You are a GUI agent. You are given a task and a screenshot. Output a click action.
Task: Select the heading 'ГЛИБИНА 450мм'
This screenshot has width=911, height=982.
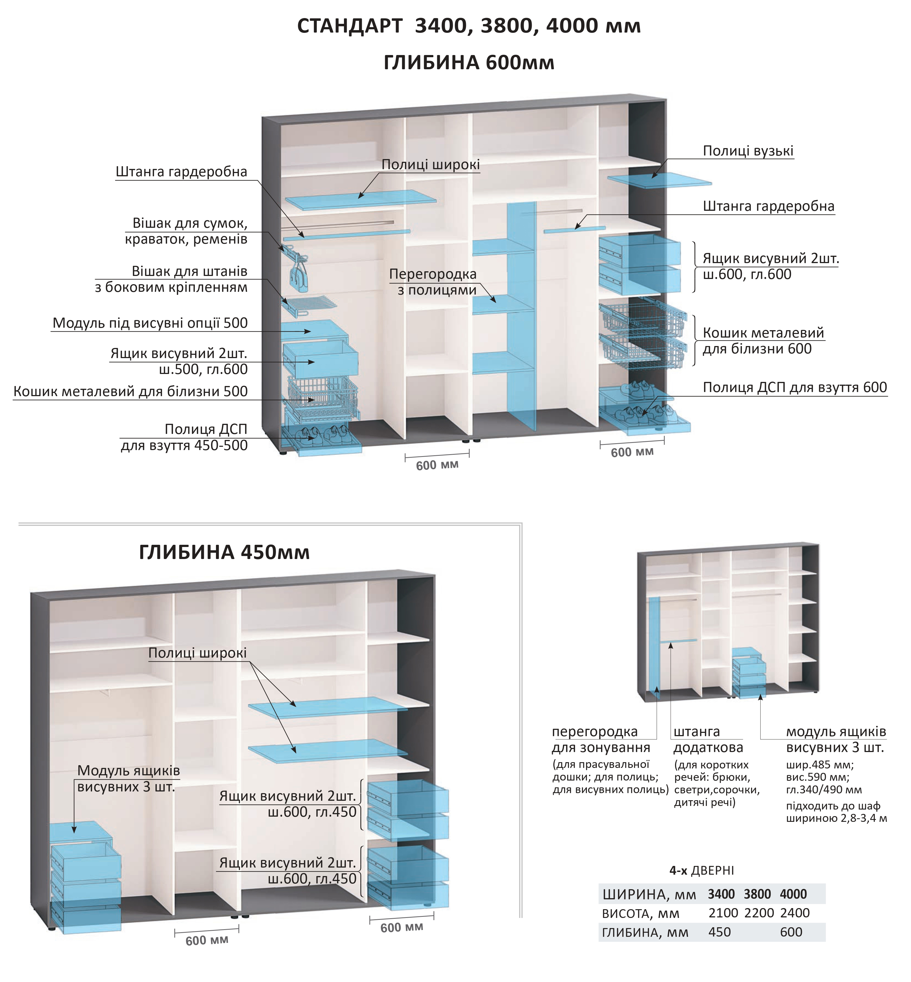[x=224, y=552]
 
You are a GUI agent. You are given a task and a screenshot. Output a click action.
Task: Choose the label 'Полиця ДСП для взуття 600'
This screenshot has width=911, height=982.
[x=795, y=388]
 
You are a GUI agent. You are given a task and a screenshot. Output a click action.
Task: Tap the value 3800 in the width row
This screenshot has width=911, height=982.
[x=757, y=894]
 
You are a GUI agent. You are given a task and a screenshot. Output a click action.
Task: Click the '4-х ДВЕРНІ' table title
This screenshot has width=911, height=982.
[x=702, y=871]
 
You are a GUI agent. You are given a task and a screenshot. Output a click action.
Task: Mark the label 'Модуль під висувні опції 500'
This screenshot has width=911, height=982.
[x=150, y=323]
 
